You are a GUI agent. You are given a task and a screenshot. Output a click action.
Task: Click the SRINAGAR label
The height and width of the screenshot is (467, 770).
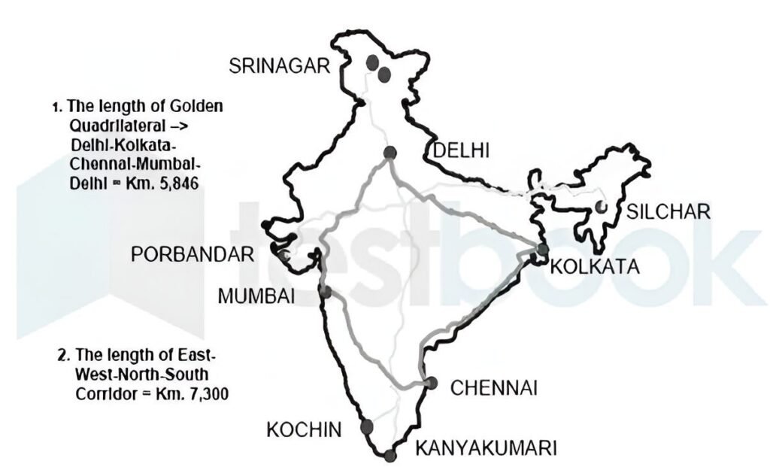click(280, 66)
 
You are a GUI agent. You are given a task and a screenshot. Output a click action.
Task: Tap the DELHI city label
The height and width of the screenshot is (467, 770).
click(460, 151)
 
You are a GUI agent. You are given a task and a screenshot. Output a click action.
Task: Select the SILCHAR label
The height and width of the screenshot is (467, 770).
click(669, 211)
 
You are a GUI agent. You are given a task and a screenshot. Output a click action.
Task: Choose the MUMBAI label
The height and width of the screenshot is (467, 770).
click(255, 296)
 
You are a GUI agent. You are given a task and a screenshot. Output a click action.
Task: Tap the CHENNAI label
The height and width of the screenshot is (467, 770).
click(493, 388)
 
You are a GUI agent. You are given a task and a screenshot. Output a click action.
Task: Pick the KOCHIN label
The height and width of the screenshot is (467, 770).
click(305, 429)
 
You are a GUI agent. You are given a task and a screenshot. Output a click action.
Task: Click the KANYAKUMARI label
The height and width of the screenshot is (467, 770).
click(487, 449)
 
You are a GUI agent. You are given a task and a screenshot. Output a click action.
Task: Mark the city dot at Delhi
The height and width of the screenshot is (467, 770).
click(390, 153)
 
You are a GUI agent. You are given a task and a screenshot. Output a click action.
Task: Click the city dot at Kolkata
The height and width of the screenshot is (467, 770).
click(542, 250)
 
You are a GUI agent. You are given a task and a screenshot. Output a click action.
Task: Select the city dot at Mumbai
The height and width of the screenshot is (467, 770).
click(326, 291)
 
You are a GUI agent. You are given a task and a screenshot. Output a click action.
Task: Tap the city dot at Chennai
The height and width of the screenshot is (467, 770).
click(430, 383)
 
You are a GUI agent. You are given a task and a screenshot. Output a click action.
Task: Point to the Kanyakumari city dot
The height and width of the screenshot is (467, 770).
click(389, 455)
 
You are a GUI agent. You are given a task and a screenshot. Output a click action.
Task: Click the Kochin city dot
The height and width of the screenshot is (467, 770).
click(367, 427)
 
